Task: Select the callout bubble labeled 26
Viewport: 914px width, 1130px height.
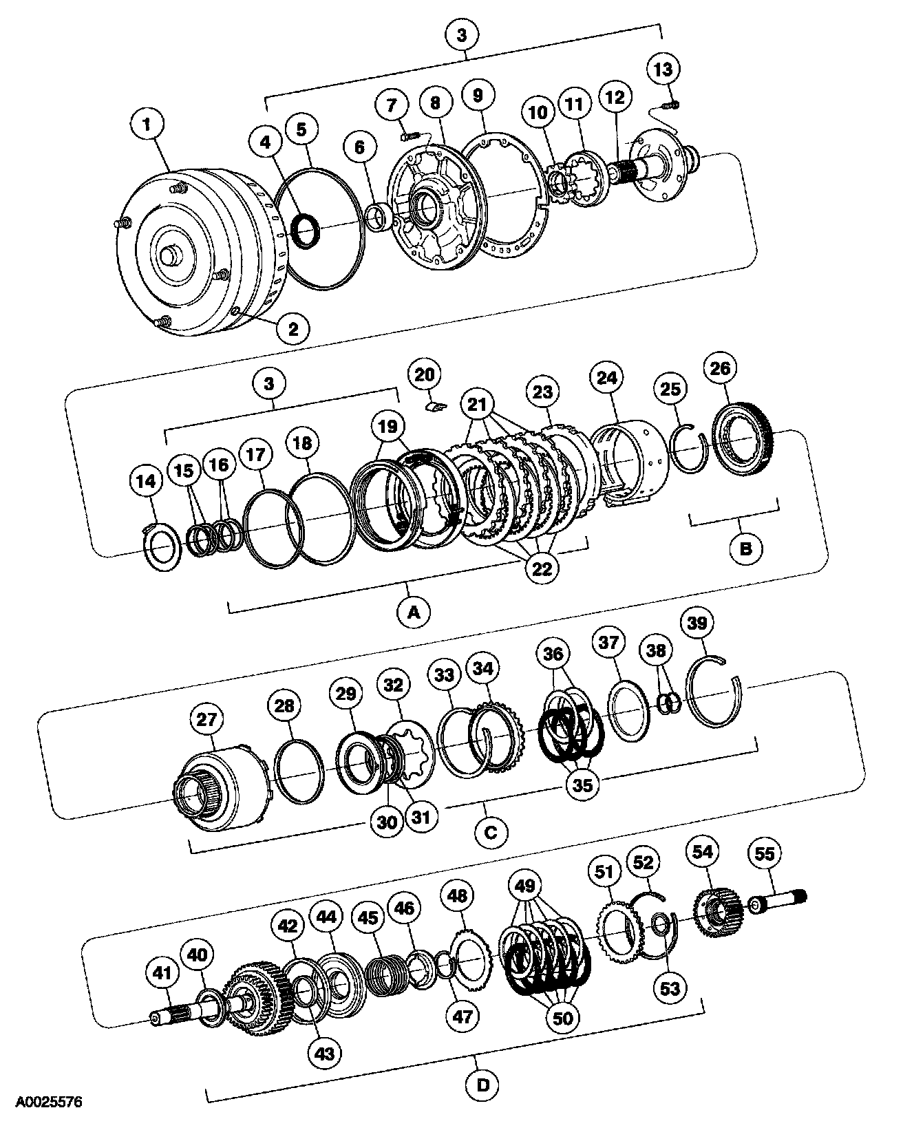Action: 720,369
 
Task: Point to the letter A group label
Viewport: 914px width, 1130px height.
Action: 414,610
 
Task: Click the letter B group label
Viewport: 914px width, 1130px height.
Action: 746,549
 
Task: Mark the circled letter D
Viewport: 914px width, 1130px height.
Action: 484,1086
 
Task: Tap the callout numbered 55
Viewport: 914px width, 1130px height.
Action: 765,854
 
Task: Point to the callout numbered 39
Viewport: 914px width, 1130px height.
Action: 697,623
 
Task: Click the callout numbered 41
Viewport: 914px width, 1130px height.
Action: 162,972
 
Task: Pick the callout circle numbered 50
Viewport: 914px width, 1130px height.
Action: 562,1019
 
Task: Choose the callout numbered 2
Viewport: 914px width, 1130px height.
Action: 293,328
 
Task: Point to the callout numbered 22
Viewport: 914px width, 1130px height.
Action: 542,568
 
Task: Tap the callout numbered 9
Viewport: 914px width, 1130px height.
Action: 477,95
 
